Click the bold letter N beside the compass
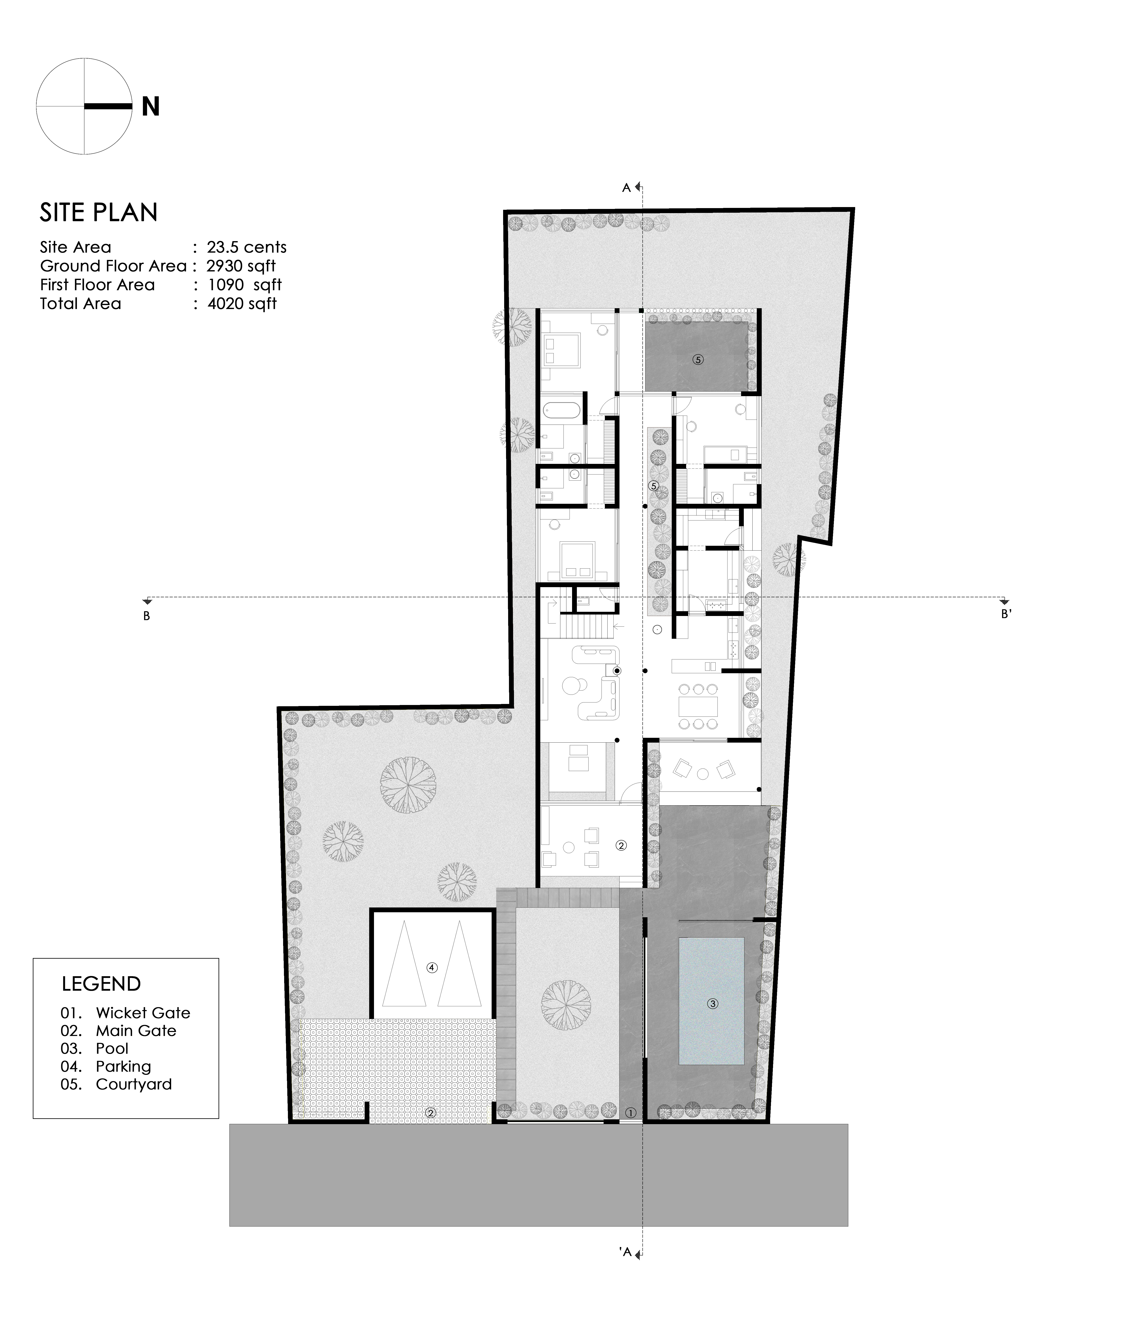[x=151, y=107]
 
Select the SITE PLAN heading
[x=99, y=213]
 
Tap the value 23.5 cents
[x=246, y=247]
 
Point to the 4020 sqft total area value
[x=242, y=304]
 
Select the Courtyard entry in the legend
[x=116, y=1085]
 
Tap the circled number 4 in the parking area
[x=432, y=968]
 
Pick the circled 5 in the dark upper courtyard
[x=698, y=359]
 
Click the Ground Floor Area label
[x=113, y=266]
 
